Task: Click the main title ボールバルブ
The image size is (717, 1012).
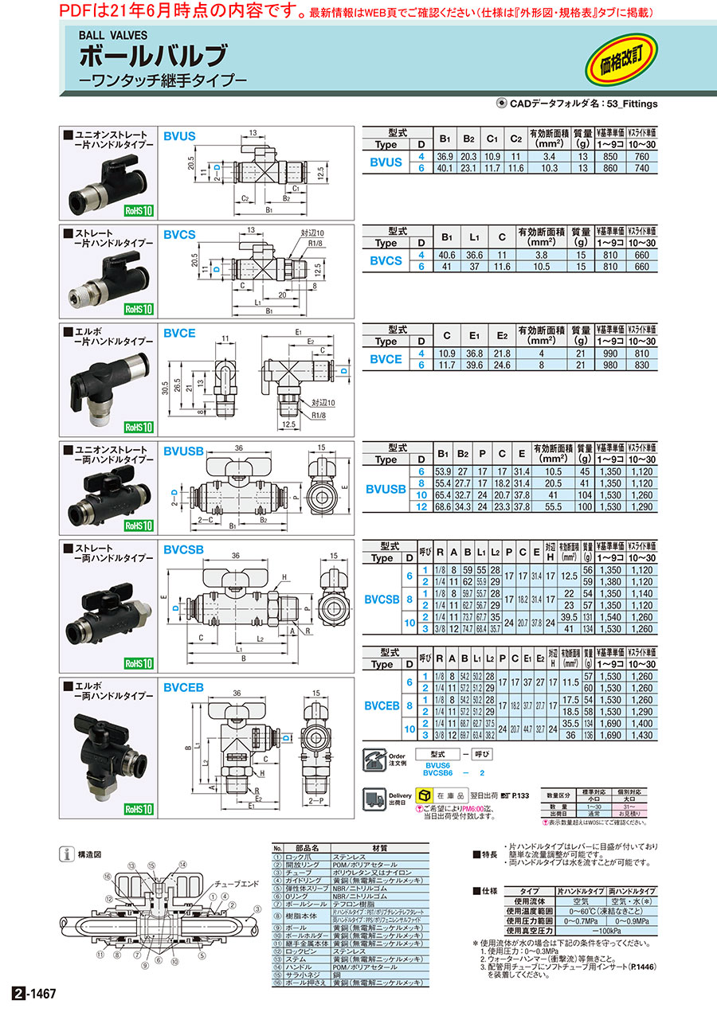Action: point(152,57)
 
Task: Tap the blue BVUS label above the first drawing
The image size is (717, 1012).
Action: point(179,137)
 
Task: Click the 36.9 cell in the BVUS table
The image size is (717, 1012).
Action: point(444,157)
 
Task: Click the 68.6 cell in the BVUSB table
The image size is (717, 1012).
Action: point(444,506)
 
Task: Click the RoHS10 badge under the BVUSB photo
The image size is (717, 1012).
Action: point(138,526)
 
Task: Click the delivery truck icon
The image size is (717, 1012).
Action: point(374,796)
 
